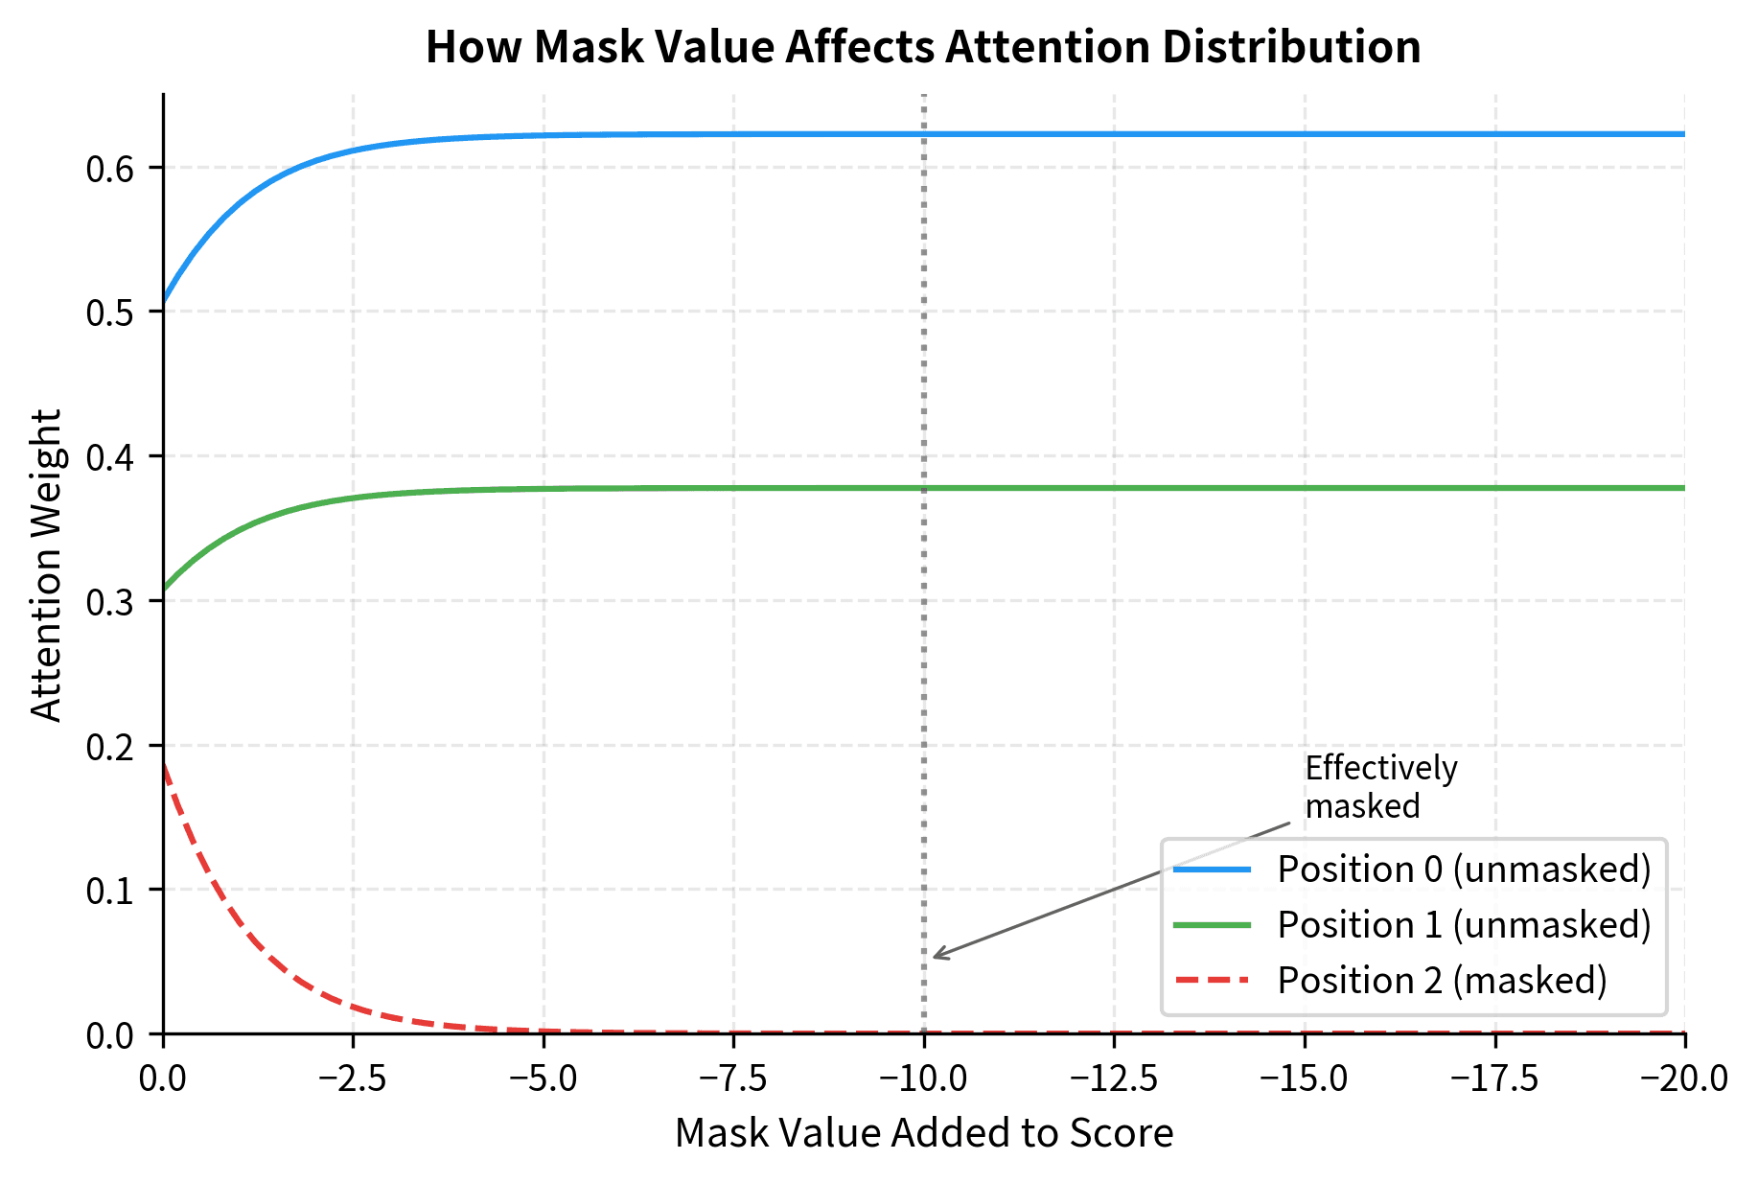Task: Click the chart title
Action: pyautogui.click(x=923, y=47)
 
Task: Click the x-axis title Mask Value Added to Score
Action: pyautogui.click(x=923, y=1133)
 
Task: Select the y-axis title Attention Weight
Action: pyautogui.click(x=46, y=565)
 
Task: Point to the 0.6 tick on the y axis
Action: pyautogui.click(x=112, y=169)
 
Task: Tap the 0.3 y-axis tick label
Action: pyautogui.click(x=112, y=602)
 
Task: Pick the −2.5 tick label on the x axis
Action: pyautogui.click(x=353, y=1079)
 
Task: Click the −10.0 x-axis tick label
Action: pyautogui.click(x=923, y=1079)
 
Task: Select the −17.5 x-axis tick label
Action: pyautogui.click(x=1494, y=1079)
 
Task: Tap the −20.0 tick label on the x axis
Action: pyautogui.click(x=1683, y=1079)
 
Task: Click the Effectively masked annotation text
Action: pyautogui.click(x=1380, y=787)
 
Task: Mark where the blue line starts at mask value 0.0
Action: pyautogui.click(x=164, y=303)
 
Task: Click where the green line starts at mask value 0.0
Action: pyautogui.click(x=164, y=588)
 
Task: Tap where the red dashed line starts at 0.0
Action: pyautogui.click(x=164, y=763)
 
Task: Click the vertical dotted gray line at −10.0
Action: pyautogui.click(x=923, y=575)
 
